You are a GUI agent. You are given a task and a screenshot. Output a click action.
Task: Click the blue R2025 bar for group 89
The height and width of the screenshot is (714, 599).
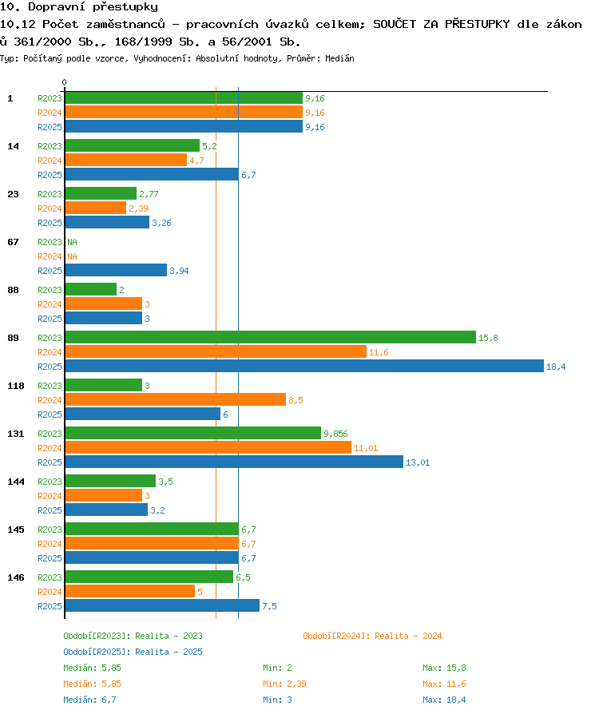(x=304, y=366)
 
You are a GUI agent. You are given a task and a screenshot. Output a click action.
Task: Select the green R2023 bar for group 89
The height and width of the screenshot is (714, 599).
(x=271, y=337)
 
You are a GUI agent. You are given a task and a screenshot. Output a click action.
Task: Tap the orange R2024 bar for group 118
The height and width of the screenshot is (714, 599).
(x=176, y=400)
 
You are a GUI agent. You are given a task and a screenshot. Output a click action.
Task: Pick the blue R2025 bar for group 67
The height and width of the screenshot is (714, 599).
(x=116, y=271)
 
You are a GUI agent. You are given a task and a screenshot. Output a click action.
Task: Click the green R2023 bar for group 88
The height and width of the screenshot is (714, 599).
(x=91, y=290)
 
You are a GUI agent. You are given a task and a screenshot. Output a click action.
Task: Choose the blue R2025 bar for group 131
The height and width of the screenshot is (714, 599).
(x=234, y=462)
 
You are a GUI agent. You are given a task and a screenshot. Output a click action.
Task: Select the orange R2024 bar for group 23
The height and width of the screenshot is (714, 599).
(x=96, y=208)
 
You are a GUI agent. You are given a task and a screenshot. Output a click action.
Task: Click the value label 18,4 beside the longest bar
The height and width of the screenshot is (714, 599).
(x=556, y=367)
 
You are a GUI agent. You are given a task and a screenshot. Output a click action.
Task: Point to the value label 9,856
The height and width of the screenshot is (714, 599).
(x=335, y=434)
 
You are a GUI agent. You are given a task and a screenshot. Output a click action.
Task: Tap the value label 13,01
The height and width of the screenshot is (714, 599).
(x=418, y=462)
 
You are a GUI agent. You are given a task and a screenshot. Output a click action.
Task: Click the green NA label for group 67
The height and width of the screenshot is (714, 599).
(x=73, y=242)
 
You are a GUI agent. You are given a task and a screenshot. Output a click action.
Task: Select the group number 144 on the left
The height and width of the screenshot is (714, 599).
(x=16, y=482)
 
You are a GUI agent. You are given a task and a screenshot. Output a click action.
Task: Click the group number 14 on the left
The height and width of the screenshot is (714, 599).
(x=14, y=146)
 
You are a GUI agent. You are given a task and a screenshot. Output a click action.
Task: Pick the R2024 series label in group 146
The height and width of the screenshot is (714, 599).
(x=50, y=592)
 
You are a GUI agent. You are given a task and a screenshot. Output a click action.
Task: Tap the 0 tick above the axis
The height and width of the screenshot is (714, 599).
(x=64, y=82)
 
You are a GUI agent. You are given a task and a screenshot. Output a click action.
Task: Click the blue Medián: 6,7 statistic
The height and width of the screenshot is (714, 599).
(x=89, y=700)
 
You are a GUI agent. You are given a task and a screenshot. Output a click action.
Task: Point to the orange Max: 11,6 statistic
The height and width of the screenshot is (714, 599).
(x=444, y=684)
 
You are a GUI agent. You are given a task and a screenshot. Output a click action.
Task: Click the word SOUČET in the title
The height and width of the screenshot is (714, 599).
(x=395, y=24)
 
